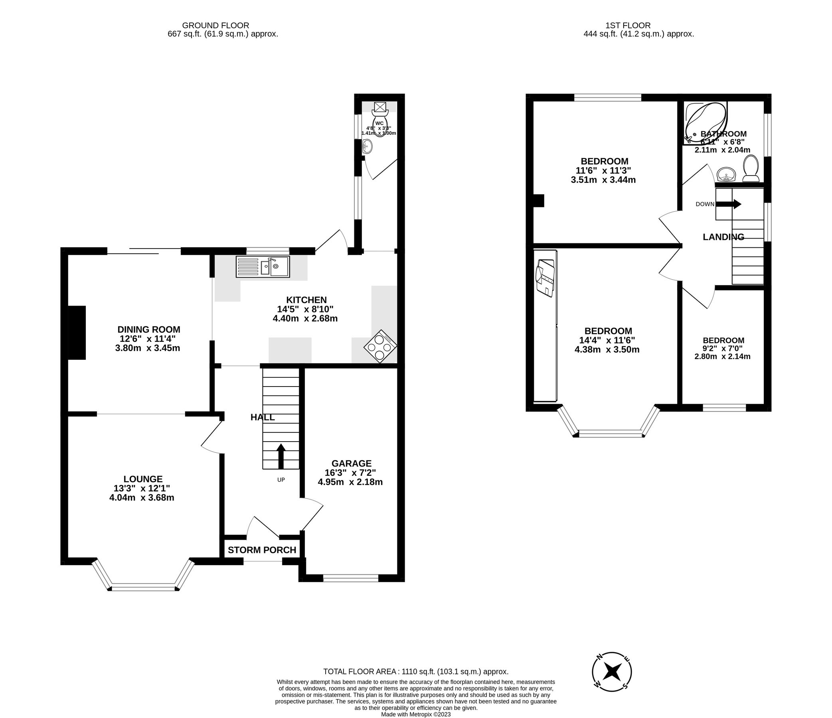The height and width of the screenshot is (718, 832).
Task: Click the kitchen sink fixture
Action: [x=263, y=267]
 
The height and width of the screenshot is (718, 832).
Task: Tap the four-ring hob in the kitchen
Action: [x=380, y=346]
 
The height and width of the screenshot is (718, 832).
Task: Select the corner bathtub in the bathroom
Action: [x=705, y=122]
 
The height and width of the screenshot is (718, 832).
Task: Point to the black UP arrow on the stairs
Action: [x=281, y=456]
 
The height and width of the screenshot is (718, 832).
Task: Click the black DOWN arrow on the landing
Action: [x=728, y=204]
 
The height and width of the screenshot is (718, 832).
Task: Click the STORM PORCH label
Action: [x=262, y=550]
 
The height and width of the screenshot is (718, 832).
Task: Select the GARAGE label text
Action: [x=351, y=463]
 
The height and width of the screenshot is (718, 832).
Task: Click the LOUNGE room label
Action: [x=143, y=479]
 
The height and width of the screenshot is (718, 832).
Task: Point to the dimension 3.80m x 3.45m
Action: [x=147, y=348]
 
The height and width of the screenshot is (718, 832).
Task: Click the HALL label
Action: [x=263, y=417]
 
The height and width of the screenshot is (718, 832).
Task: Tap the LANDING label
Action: [x=723, y=237]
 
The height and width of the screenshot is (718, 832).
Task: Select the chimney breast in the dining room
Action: [x=77, y=332]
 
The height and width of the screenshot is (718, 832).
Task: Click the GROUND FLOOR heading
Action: [x=215, y=25]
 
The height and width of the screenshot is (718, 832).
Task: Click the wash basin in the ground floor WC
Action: [x=367, y=147]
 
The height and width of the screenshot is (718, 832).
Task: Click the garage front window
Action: [x=350, y=578]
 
